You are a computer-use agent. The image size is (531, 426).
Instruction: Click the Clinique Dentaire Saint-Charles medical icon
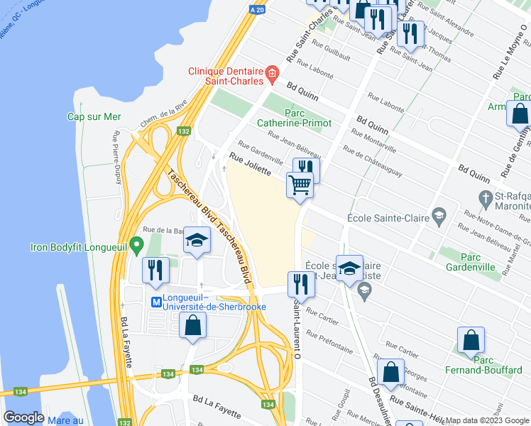point(271,72)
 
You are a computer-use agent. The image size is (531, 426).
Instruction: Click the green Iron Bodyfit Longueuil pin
point(138,243)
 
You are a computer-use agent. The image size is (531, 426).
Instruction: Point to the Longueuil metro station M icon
point(155,302)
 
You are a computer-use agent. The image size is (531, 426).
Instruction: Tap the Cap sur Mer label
point(94,117)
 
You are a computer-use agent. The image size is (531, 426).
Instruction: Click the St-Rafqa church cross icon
point(485,197)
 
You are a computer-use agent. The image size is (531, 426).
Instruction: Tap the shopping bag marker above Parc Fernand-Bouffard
point(471,342)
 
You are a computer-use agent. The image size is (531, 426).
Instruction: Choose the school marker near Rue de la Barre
point(197,240)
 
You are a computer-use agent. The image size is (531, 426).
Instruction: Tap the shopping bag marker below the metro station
point(193,326)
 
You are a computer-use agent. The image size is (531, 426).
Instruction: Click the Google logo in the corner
point(23,417)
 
